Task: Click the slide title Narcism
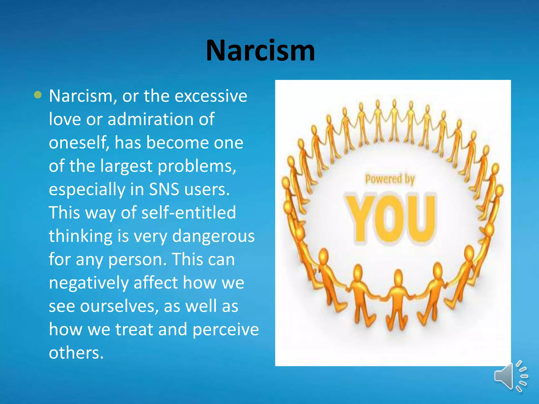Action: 260,50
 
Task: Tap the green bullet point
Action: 38,95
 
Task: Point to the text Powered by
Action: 390,179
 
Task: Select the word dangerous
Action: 213,236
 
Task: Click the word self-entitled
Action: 189,213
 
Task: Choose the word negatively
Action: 89,283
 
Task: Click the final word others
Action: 76,353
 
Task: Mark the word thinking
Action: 81,236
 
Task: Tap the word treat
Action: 134,330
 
